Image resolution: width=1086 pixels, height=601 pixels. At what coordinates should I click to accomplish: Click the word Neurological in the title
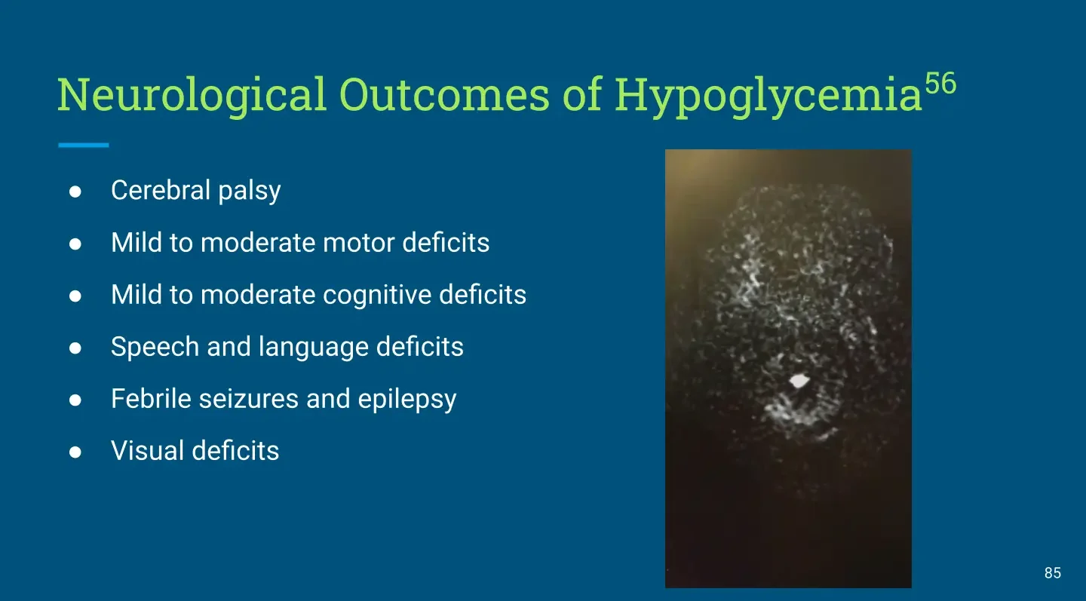pos(192,96)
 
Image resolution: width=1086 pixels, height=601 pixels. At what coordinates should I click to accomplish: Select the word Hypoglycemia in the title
pos(768,96)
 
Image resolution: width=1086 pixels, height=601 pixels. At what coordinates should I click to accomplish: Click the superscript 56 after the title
pos(940,84)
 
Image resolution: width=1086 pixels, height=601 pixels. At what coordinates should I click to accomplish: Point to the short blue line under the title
pos(84,145)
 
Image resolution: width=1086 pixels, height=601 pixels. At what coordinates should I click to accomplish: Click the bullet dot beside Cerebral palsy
pos(75,192)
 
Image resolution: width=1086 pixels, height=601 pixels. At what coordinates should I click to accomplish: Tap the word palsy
pos(249,192)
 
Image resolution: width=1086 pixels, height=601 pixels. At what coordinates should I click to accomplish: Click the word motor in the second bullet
pos(358,243)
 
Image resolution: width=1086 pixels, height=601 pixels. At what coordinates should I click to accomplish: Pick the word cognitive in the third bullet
pos(377,296)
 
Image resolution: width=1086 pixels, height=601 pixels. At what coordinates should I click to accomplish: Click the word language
pos(313,348)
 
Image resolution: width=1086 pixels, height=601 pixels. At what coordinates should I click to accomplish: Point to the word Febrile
pos(152,399)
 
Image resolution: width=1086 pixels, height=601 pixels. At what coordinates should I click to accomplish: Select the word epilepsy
pos(407,400)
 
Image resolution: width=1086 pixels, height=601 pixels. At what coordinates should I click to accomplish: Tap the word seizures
pos(248,400)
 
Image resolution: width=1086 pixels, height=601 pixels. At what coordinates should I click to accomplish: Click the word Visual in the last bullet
pos(148,451)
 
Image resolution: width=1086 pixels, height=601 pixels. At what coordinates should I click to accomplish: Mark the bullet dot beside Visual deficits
pos(75,452)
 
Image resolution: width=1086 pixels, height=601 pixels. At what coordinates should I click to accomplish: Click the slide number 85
pos(1053,573)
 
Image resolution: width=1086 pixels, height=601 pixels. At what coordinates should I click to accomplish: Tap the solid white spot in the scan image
pos(799,381)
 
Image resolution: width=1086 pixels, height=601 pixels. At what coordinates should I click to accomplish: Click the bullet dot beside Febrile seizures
pos(75,400)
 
